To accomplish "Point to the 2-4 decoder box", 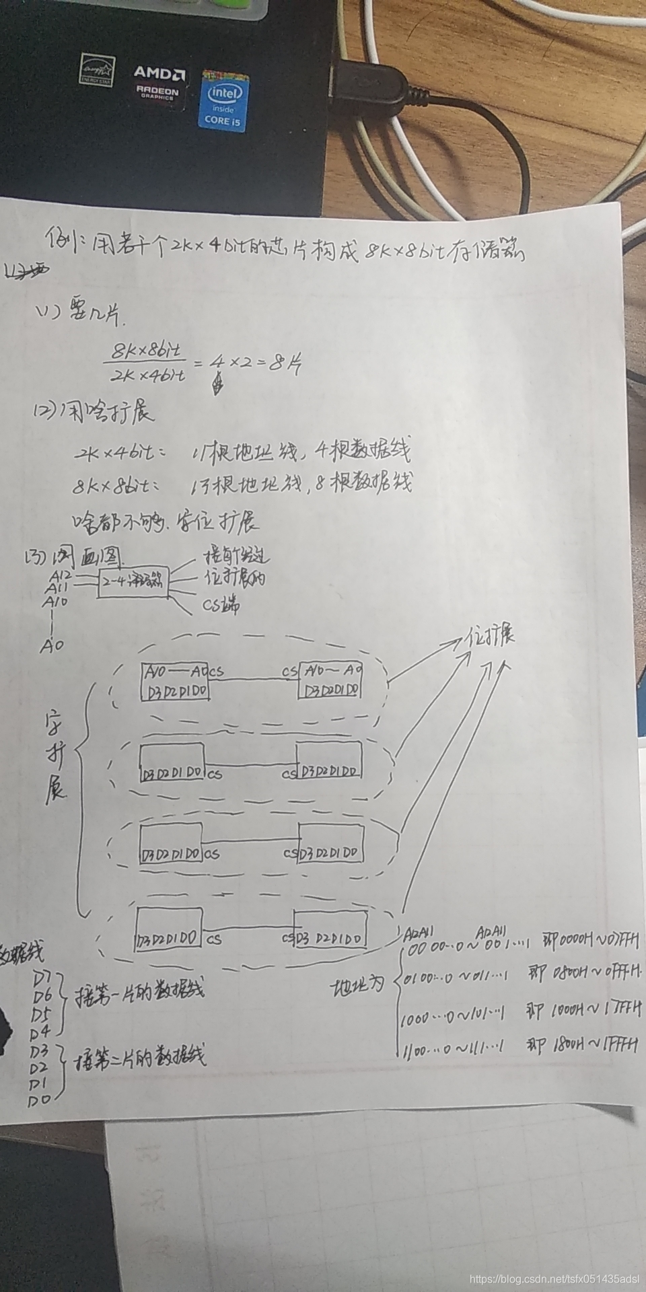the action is (x=133, y=583).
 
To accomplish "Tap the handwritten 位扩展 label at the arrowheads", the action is (x=491, y=637).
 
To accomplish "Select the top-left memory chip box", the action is (x=174, y=681).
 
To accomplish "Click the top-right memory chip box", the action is (x=330, y=681).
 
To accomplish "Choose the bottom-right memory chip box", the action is (x=330, y=930).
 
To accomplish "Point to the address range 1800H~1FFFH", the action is (x=595, y=1046).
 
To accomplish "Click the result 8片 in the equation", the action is (x=285, y=364).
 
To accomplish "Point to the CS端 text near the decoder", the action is (x=222, y=605).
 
